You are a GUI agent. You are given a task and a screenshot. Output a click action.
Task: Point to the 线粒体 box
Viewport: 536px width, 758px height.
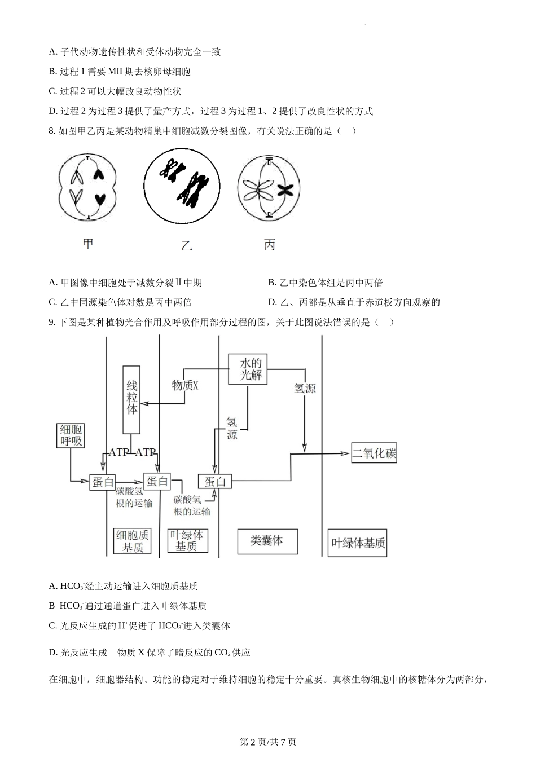[x=131, y=399]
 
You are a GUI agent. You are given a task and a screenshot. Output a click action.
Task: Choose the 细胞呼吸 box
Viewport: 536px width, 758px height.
[x=71, y=435]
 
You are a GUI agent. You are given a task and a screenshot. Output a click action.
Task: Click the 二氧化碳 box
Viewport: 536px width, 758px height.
[x=374, y=453]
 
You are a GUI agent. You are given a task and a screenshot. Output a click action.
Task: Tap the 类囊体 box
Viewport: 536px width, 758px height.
[x=266, y=541]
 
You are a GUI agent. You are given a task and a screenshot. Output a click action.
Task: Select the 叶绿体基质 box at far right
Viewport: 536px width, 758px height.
[x=358, y=543]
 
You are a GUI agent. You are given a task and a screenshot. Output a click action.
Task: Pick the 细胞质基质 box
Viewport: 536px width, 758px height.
[x=133, y=541]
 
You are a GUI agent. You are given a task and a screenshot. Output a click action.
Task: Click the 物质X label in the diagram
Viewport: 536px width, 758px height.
[x=185, y=385]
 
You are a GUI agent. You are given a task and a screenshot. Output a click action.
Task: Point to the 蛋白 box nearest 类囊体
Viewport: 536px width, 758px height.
[x=215, y=481]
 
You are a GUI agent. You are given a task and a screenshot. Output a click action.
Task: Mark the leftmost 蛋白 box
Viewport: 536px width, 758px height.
[x=103, y=482]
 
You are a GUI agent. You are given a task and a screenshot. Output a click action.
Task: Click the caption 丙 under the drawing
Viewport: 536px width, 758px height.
[x=270, y=245]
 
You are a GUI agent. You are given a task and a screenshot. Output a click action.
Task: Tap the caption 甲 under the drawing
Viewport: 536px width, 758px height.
[x=88, y=244]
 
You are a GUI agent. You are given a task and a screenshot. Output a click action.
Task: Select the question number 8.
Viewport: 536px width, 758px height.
[x=52, y=131]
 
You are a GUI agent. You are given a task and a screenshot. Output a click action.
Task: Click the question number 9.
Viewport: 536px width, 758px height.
[x=52, y=322]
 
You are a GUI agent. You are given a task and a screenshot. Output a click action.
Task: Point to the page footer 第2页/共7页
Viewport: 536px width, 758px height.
[x=268, y=742]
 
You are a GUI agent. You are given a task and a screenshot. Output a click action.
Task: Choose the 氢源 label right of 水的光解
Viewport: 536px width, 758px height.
[x=305, y=388]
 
